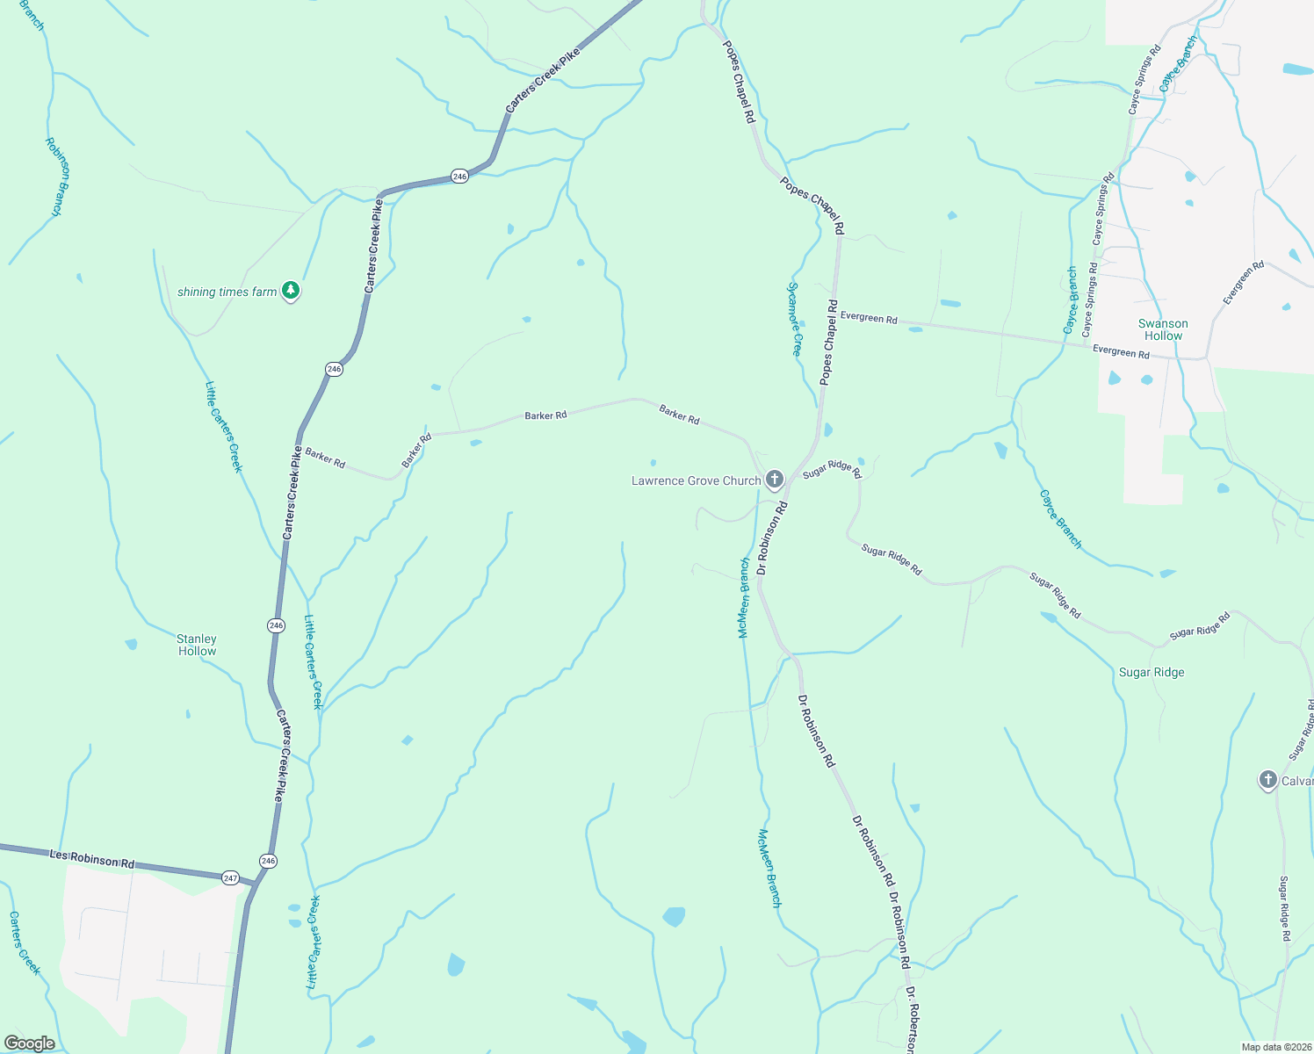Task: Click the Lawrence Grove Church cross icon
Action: coord(774,480)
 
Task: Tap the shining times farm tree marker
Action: coord(291,291)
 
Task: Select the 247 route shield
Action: coord(230,877)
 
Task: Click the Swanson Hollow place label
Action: coord(1163,329)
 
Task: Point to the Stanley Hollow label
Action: coord(197,645)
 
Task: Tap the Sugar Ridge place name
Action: coord(1151,672)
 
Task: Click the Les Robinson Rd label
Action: coord(91,859)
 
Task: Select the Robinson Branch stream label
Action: coord(57,177)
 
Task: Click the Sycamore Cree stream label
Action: coord(794,318)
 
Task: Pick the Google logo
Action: coord(30,1043)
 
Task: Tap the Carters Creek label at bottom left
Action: coord(25,942)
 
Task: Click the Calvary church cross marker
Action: coord(1267,780)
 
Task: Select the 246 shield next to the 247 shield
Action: coord(268,861)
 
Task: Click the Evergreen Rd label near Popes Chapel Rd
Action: coord(869,317)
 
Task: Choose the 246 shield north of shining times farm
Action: coord(459,177)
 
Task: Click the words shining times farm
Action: coord(227,292)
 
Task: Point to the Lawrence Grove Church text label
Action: coord(696,480)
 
